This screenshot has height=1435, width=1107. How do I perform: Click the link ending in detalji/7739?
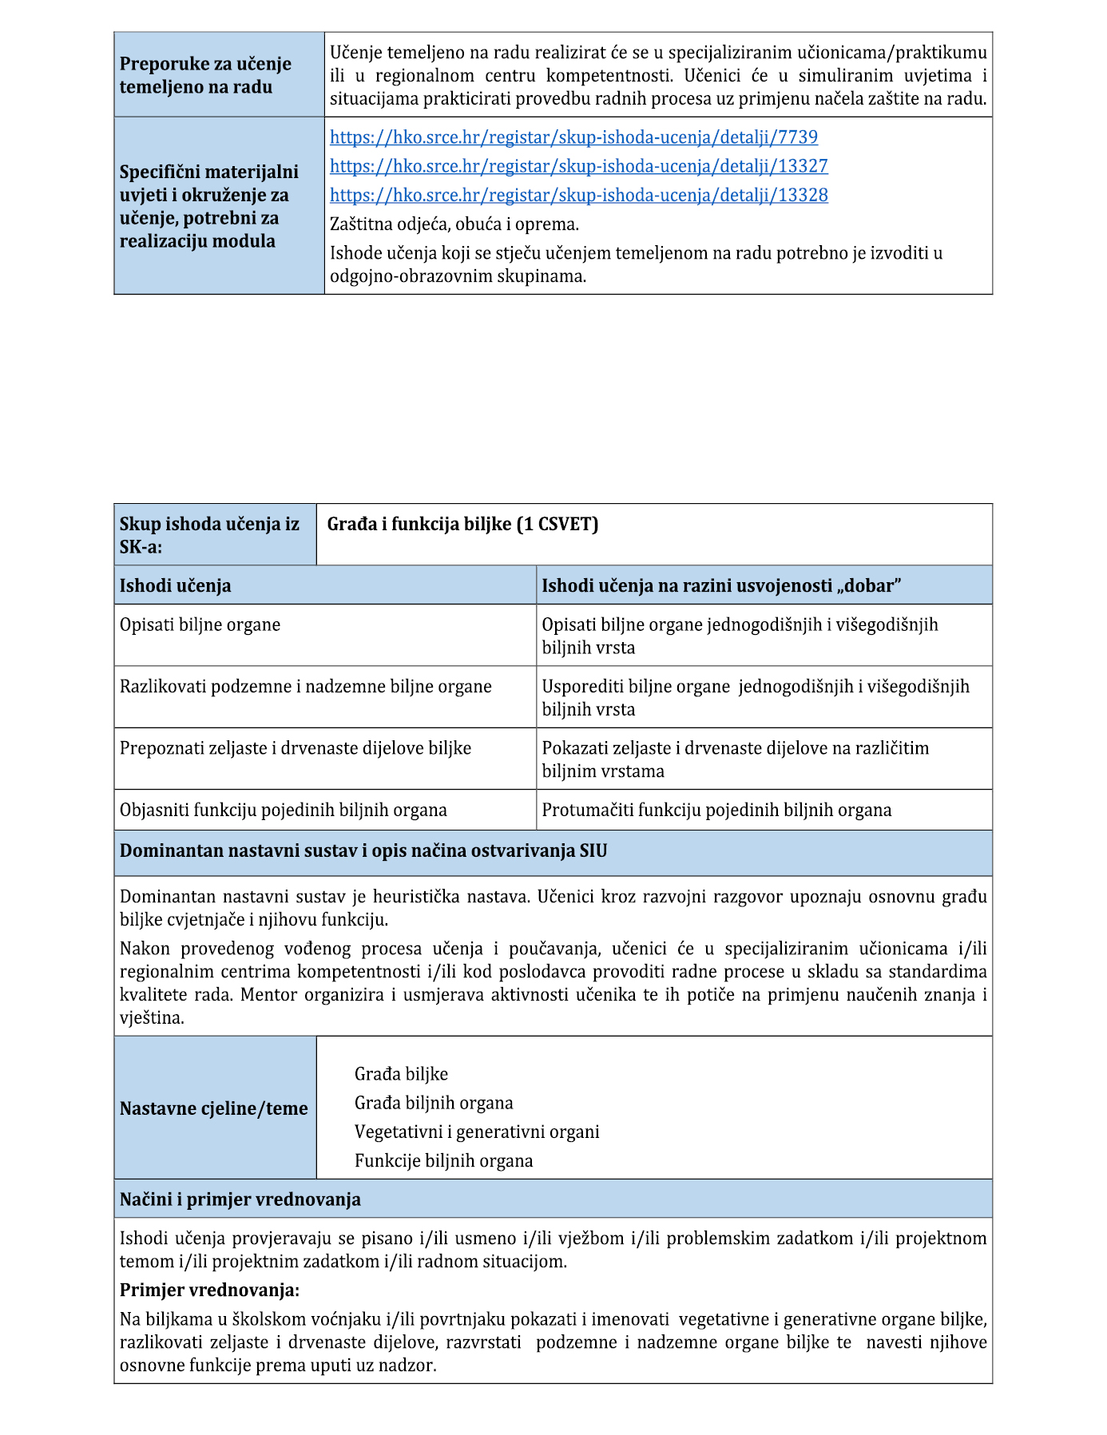point(573,137)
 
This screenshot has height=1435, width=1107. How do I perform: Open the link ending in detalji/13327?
point(578,166)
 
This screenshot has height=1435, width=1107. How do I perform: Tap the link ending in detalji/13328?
point(578,195)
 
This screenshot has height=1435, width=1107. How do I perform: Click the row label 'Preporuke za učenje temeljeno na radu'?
point(205,75)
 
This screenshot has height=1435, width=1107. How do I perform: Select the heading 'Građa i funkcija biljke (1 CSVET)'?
point(462,524)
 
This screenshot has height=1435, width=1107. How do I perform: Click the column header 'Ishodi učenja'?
point(176,585)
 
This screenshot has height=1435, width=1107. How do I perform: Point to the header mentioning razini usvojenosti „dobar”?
point(721,585)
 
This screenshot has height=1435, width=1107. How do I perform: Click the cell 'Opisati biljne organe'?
point(200,624)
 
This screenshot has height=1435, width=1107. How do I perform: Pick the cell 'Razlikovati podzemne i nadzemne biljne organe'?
point(306,687)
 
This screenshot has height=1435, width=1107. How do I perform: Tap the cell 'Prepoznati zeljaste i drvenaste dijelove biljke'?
point(296,748)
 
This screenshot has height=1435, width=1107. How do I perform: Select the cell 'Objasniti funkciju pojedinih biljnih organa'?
point(284,810)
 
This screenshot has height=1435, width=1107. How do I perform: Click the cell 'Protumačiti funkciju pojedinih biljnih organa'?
point(716,810)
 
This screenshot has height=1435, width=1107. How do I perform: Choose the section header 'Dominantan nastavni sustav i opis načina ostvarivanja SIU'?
point(363,850)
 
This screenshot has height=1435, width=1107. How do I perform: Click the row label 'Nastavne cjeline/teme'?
point(214,1108)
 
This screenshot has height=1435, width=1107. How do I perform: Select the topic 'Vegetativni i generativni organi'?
point(477,1132)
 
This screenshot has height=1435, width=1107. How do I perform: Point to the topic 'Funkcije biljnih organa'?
point(443,1160)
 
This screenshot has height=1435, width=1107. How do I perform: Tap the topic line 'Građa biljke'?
point(401,1074)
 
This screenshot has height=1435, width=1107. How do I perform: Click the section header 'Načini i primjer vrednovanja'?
point(240,1199)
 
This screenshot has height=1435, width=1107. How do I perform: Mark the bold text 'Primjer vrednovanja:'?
point(210,1290)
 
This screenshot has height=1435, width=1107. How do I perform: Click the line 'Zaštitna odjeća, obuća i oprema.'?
point(454,224)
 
